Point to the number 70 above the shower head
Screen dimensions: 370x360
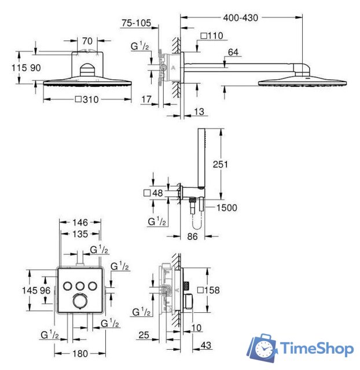[x=87, y=42]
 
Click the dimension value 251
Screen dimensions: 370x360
[x=221, y=165]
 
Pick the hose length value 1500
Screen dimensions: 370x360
[x=226, y=208]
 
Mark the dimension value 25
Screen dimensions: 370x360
[x=145, y=335]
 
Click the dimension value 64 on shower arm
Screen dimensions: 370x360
[x=233, y=53]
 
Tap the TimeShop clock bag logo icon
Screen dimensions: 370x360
[x=264, y=349]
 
